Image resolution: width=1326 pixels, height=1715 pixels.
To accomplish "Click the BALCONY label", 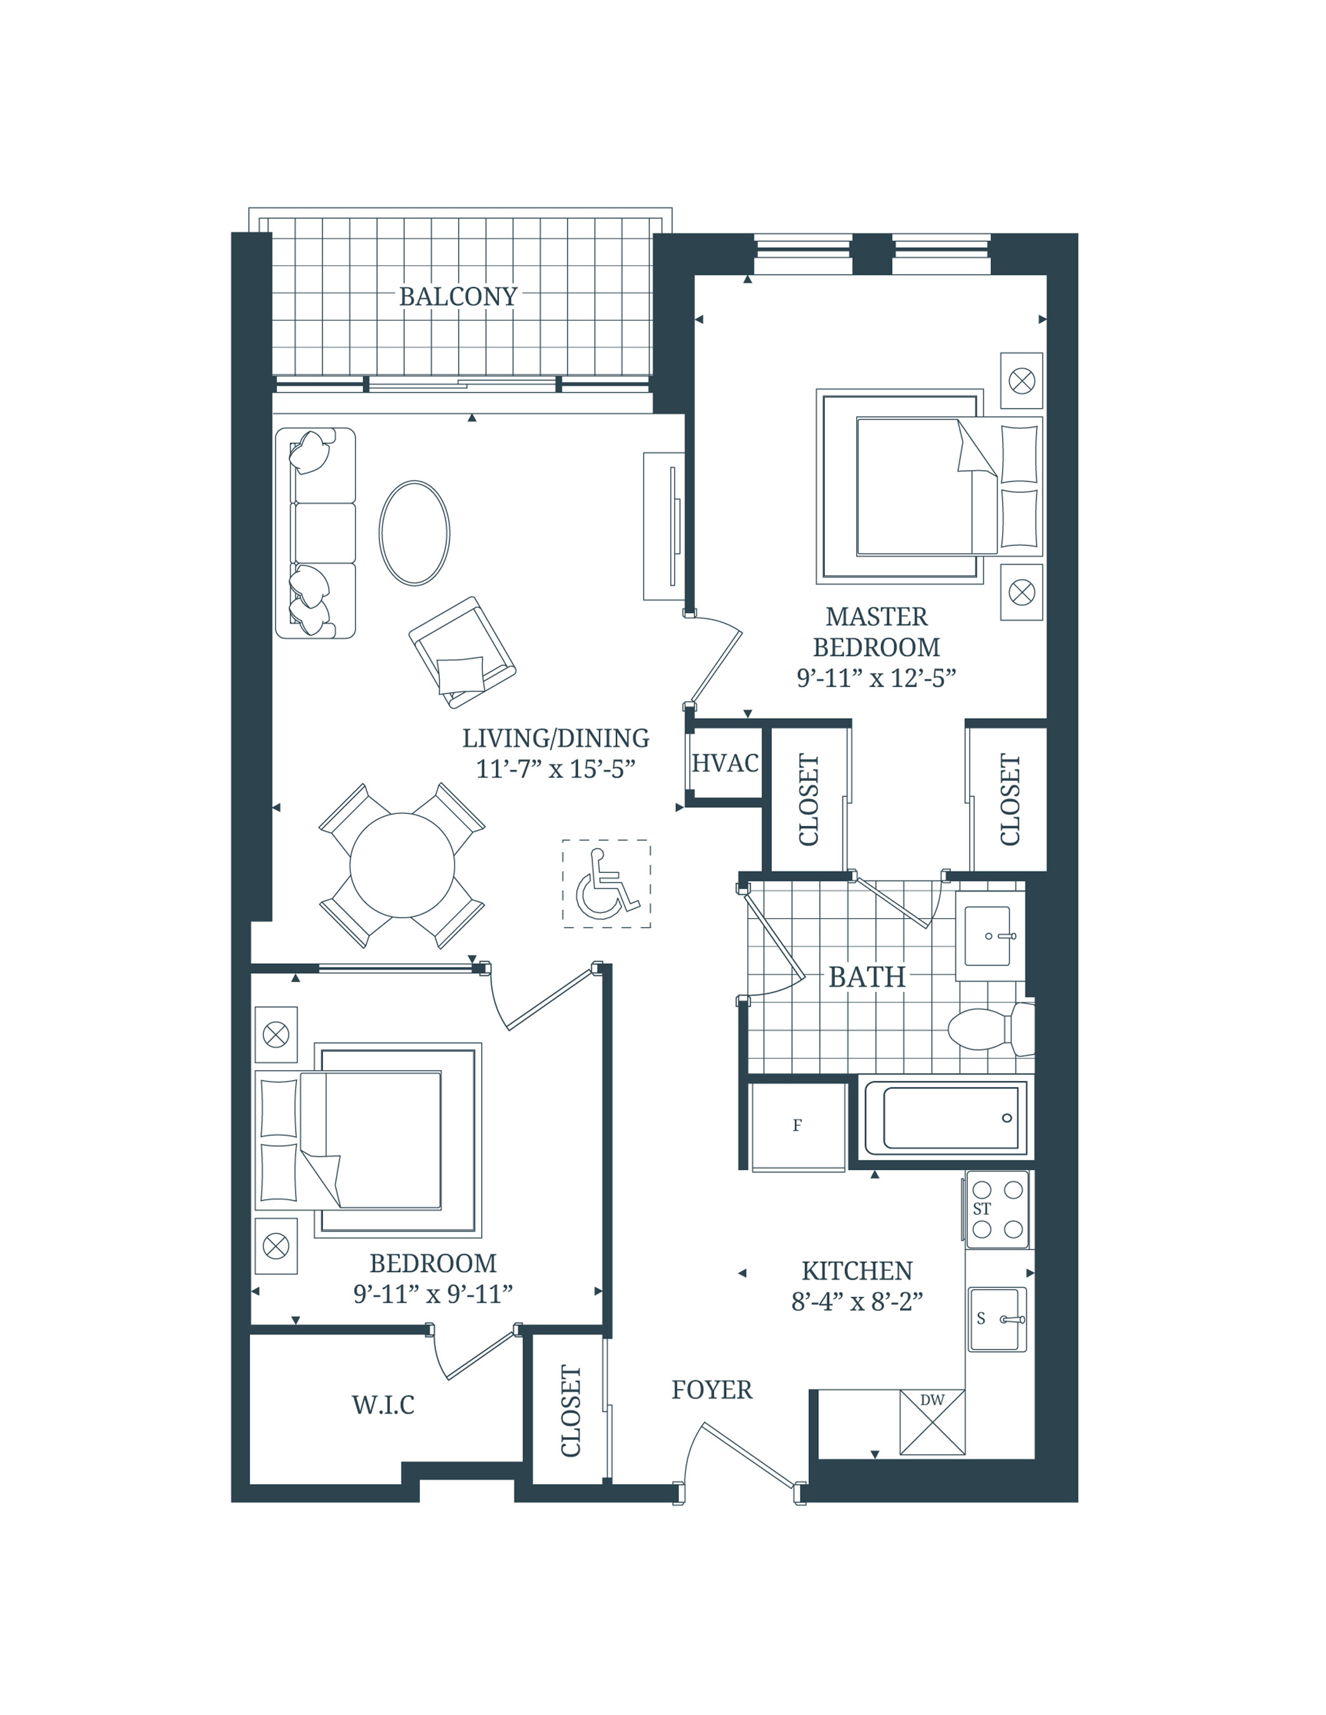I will click(458, 297).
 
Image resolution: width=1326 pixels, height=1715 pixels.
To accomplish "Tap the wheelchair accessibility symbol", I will click(606, 884).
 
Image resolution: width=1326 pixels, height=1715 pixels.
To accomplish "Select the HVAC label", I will click(724, 763).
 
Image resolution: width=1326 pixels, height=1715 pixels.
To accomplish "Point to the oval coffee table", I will click(414, 533).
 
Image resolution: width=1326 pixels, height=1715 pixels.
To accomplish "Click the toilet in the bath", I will click(989, 1028).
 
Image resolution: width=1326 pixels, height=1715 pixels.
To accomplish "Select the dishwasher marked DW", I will click(932, 1422).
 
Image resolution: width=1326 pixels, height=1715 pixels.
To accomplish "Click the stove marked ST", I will click(997, 1210).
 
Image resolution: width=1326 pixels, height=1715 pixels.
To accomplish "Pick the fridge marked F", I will click(798, 1126).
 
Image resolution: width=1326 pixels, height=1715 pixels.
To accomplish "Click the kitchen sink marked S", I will click(996, 1319).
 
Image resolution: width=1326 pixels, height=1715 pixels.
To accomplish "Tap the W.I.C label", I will click(383, 1405).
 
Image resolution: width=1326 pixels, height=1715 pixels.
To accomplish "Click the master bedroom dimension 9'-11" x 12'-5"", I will click(876, 678).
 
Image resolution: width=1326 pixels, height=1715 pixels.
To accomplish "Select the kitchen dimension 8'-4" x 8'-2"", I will click(856, 1302).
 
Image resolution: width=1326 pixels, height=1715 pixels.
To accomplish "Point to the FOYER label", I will click(712, 1391).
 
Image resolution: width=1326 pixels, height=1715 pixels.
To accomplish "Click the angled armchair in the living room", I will click(462, 652).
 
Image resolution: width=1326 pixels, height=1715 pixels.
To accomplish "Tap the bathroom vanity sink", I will click(989, 935).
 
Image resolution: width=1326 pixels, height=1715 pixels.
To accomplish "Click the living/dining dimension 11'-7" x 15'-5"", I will click(555, 769).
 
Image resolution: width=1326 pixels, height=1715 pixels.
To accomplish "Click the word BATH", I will click(866, 978).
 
